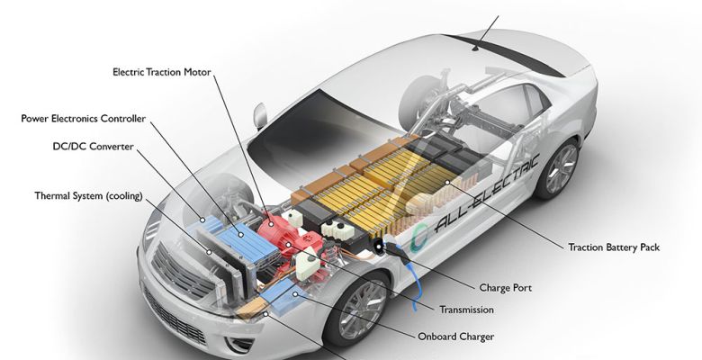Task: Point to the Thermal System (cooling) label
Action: [x=88, y=195]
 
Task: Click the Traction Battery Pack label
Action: [x=614, y=247]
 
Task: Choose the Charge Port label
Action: [x=505, y=288]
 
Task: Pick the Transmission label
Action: [x=465, y=310]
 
